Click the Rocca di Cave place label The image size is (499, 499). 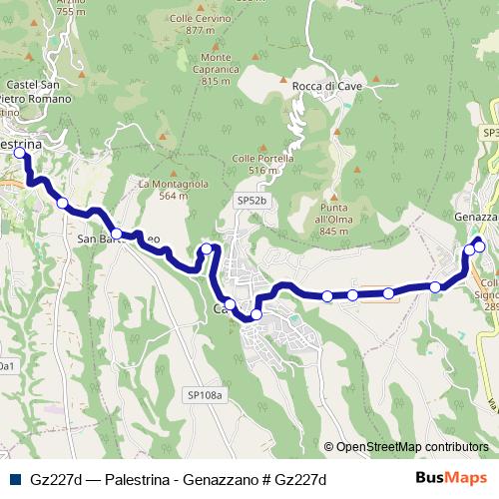click(x=326, y=87)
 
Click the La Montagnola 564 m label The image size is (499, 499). click(x=173, y=190)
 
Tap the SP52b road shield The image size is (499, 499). click(x=252, y=201)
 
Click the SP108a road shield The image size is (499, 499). click(x=207, y=396)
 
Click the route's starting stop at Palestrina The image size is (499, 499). click(x=19, y=155)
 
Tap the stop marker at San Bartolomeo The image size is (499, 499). click(x=117, y=234)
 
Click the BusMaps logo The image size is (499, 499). click(x=451, y=479)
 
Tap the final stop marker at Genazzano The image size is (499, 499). click(x=479, y=246)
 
